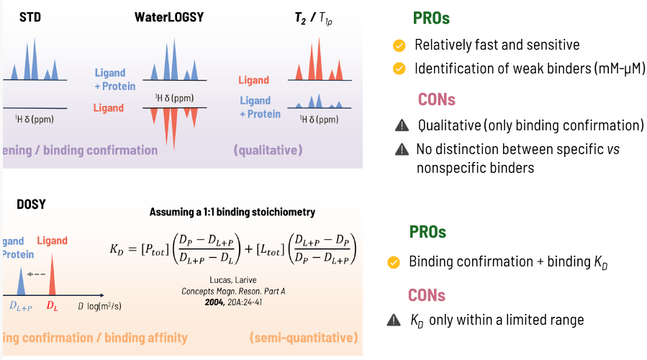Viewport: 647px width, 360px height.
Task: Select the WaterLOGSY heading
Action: [169, 16]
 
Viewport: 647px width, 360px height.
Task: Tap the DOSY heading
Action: [31, 204]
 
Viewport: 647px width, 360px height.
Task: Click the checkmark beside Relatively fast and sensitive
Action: [399, 46]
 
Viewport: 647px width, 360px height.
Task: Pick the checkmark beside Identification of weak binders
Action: [399, 69]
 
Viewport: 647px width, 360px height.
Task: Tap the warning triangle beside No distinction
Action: [401, 150]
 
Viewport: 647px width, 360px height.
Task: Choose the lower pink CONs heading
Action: [427, 295]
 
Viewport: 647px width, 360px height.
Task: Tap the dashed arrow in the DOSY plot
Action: [35, 274]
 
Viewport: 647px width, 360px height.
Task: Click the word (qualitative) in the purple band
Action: [268, 150]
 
